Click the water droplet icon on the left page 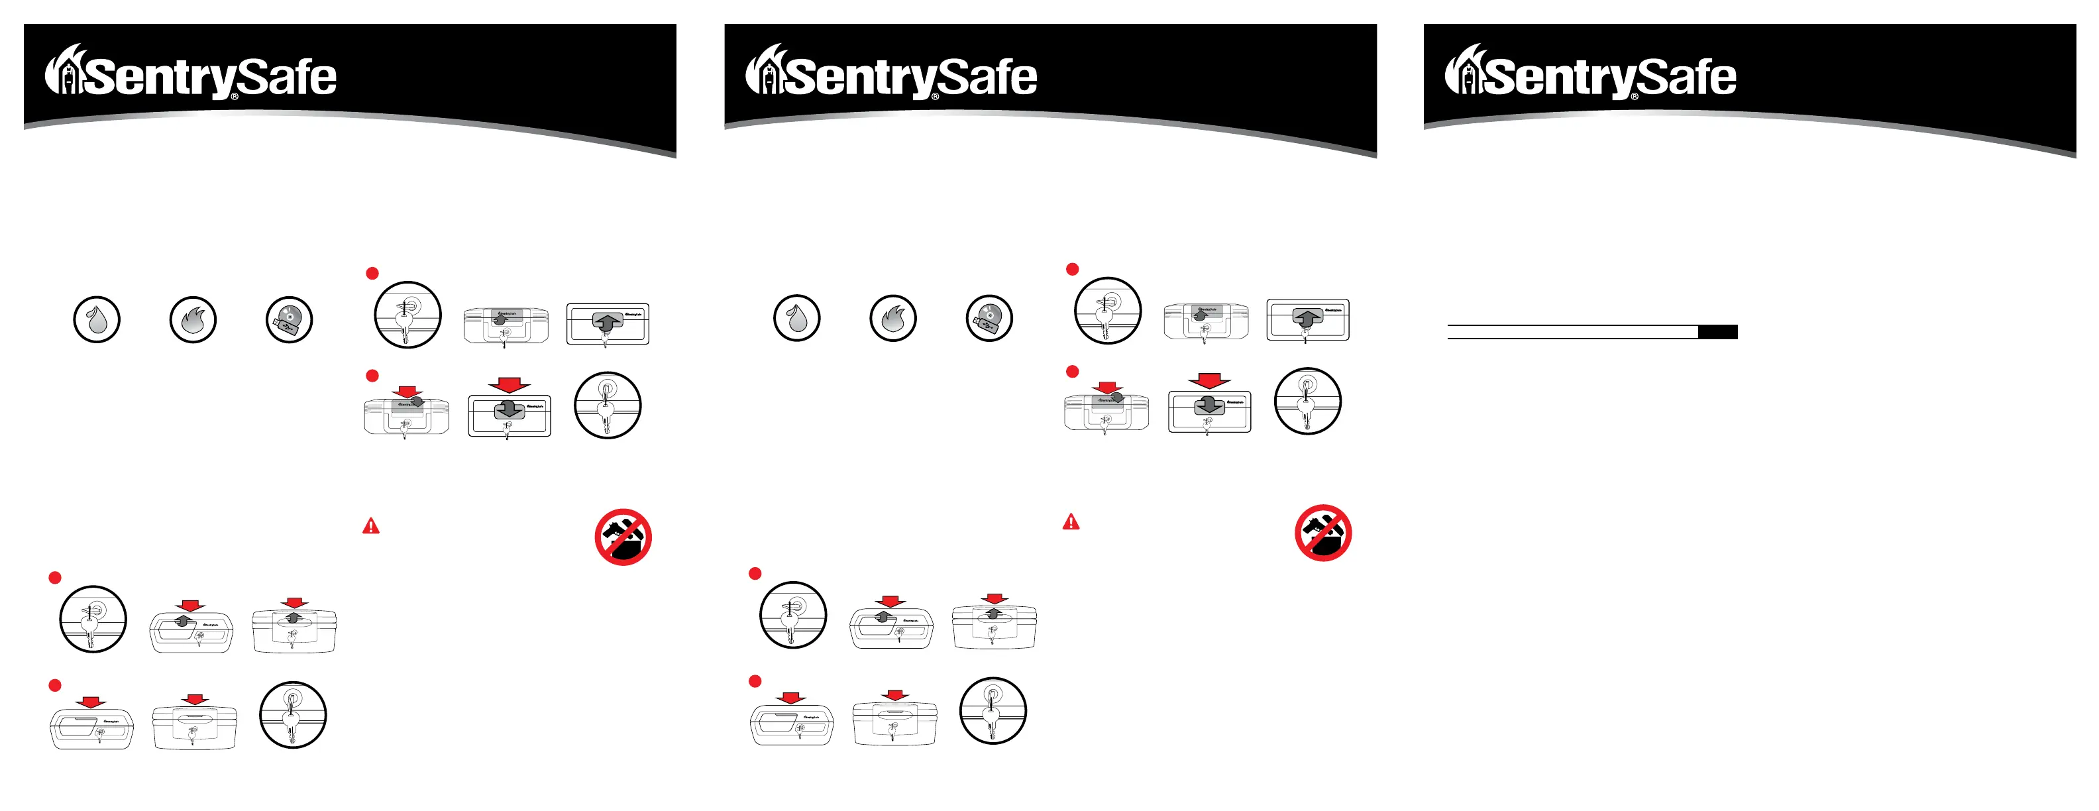(97, 319)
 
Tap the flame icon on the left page (193, 319)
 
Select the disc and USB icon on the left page (290, 319)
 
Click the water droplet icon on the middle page (797, 318)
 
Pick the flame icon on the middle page (893, 318)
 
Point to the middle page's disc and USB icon (989, 318)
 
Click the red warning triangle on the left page (371, 527)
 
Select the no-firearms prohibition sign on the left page (623, 537)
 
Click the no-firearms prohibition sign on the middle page (1323, 533)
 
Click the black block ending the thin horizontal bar (1717, 332)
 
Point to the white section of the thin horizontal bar (1573, 332)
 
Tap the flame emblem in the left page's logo (64, 71)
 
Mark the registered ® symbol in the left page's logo (235, 97)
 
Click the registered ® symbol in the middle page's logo (935, 97)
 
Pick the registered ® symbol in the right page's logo (1635, 97)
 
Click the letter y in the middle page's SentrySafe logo (916, 81)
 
